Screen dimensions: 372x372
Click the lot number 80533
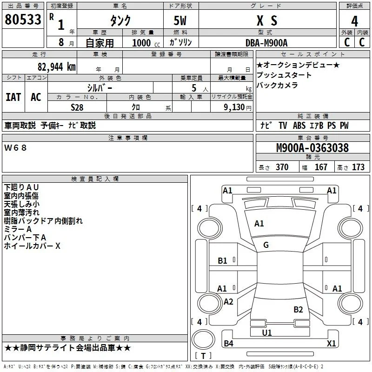[x=23, y=20]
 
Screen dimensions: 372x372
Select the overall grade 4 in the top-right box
[x=354, y=21]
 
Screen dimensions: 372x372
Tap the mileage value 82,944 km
[x=56, y=67]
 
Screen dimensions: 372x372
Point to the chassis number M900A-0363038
[x=312, y=148]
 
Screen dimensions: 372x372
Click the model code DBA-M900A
[x=266, y=43]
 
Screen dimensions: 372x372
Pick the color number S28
[x=77, y=107]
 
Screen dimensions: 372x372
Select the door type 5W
[x=180, y=20]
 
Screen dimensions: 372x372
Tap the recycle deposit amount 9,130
[x=234, y=107]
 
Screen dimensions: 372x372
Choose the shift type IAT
[x=13, y=97]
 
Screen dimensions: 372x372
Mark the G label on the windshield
[x=266, y=245]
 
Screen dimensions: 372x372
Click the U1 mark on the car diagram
[x=267, y=332]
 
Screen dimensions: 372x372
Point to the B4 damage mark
[x=228, y=343]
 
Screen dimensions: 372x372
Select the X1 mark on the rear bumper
[x=331, y=343]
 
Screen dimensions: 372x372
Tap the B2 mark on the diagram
[x=298, y=310]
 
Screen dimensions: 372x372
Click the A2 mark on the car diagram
[x=228, y=301]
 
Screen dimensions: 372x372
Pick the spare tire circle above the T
[x=203, y=339]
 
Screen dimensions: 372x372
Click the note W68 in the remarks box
[x=15, y=148]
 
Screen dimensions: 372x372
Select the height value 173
[x=358, y=167]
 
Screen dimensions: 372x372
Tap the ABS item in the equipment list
[x=299, y=126]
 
